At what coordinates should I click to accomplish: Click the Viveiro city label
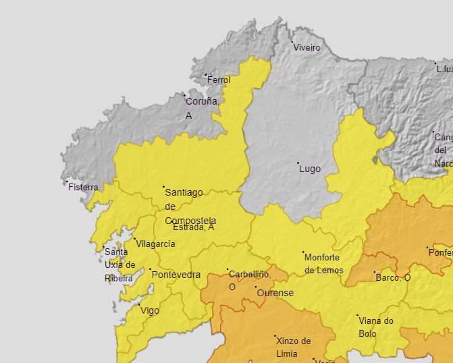click(307, 48)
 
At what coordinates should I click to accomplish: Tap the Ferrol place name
click(219, 80)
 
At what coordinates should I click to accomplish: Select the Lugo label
click(310, 169)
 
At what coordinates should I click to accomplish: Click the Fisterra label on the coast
click(83, 188)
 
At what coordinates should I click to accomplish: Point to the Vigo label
click(149, 310)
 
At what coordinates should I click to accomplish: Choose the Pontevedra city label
click(176, 275)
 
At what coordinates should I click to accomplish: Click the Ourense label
click(275, 293)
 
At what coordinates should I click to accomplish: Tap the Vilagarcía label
click(156, 244)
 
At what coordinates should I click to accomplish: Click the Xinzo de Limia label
click(293, 347)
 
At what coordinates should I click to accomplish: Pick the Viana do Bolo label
click(376, 327)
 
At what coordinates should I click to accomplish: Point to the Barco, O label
click(393, 277)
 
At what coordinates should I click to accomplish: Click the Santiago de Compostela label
click(190, 206)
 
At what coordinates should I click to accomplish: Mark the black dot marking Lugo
click(298, 163)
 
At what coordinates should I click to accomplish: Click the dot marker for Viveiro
click(292, 43)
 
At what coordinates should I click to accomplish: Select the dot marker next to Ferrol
click(206, 75)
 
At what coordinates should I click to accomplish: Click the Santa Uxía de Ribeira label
click(119, 264)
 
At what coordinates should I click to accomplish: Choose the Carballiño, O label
click(249, 280)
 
